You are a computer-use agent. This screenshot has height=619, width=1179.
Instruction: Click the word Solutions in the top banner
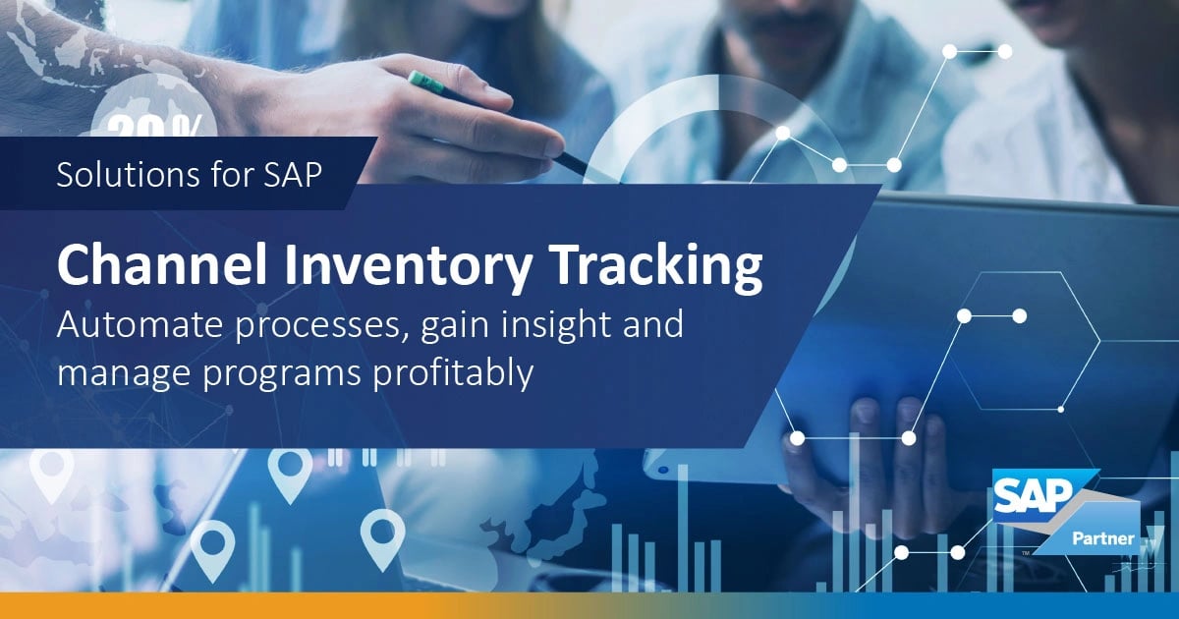113,175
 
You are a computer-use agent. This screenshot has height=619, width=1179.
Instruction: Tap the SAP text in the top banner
291,175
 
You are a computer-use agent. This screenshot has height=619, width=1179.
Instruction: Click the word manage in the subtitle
124,373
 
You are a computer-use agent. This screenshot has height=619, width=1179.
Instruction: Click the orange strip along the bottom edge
295,605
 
